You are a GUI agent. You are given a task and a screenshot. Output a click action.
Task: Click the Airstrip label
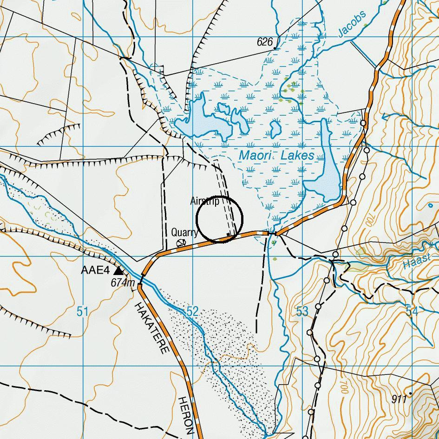[204, 201]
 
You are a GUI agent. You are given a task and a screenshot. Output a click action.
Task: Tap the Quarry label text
[184, 232]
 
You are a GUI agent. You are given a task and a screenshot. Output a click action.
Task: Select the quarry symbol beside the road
[180, 242]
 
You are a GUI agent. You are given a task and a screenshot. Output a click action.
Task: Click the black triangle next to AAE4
[119, 270]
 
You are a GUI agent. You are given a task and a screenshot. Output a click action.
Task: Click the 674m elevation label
[123, 282]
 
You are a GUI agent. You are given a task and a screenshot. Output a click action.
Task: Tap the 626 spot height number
[264, 42]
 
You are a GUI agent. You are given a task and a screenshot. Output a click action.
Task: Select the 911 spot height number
[399, 399]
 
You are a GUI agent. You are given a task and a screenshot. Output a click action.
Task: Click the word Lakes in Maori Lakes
[298, 156]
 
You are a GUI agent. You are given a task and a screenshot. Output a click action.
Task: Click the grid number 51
[82, 311]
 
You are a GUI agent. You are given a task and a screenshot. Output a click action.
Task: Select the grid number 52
[192, 311]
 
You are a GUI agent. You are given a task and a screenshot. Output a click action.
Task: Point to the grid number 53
[302, 311]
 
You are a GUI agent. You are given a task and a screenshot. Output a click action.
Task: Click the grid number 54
[412, 311]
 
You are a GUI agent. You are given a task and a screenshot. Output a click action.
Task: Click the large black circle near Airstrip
[219, 220]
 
